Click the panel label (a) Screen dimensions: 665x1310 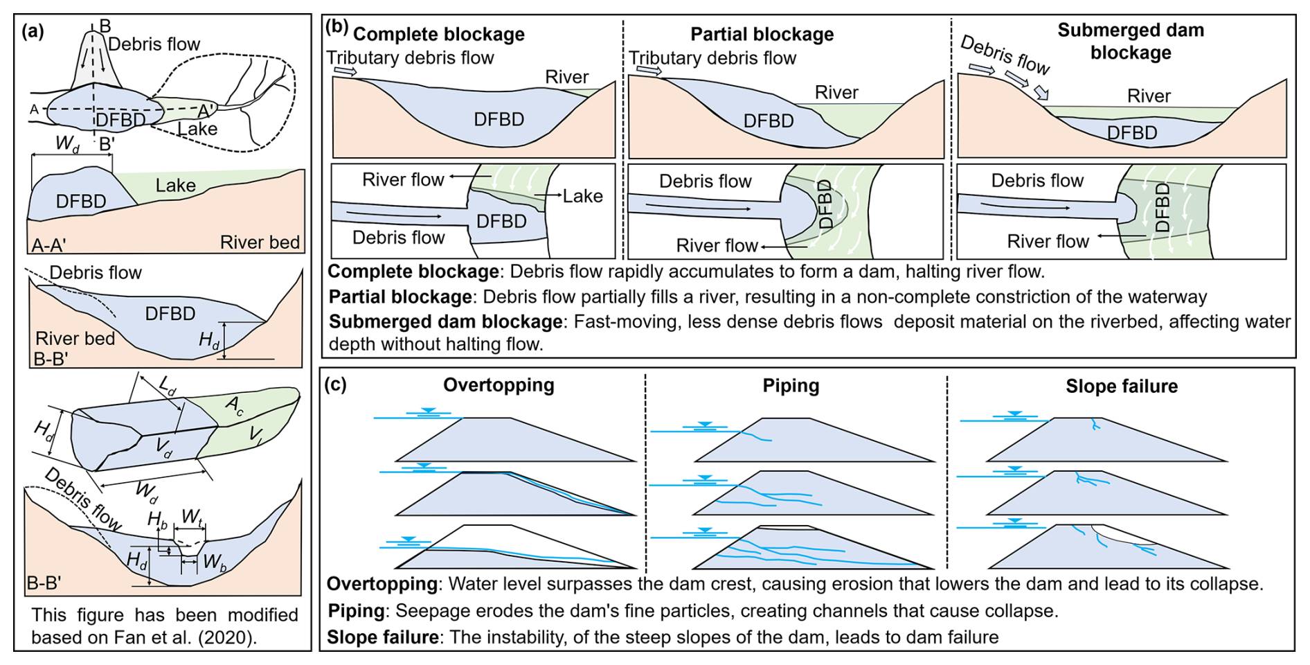point(33,31)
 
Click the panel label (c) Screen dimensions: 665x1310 point(336,384)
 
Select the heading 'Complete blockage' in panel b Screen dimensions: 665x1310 point(438,34)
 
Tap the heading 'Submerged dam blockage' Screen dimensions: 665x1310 point(1130,41)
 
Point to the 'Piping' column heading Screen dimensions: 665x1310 point(791,386)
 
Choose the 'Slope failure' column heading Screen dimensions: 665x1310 point(1121,386)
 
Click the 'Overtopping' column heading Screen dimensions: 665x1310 point(499,385)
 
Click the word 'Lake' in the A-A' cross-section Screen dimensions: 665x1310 point(175,186)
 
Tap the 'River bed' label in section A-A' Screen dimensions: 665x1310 point(260,242)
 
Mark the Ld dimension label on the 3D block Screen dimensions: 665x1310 point(167,385)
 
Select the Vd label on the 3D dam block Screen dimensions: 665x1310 point(164,448)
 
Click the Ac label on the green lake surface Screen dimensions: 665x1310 point(235,406)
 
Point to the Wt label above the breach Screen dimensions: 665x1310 point(192,517)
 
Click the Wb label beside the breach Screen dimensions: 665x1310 point(214,562)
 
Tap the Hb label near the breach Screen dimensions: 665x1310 point(158,520)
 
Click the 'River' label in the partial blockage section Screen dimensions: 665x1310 point(836,93)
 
